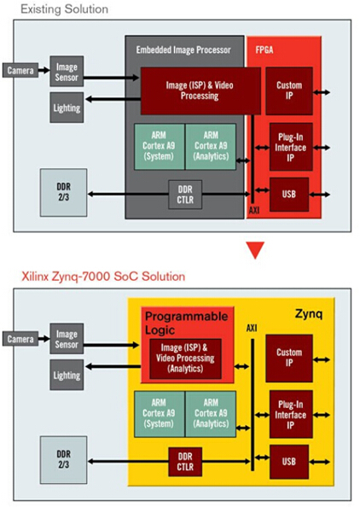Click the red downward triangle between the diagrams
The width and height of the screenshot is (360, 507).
pyautogui.click(x=255, y=250)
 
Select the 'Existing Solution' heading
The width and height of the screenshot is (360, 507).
pyautogui.click(x=64, y=9)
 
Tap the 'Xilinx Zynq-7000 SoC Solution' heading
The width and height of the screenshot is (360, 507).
pyautogui.click(x=103, y=277)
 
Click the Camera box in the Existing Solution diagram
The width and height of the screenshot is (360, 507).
pyautogui.click(x=20, y=70)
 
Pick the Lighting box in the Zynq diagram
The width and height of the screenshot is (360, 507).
pyautogui.click(x=67, y=375)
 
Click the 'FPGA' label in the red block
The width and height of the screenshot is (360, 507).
pyautogui.click(x=264, y=50)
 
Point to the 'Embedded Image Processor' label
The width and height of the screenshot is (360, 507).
pyautogui.click(x=183, y=50)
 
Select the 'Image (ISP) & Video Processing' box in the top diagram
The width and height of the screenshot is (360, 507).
pyautogui.click(x=200, y=90)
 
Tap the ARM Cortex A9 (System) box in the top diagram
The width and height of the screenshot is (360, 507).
pyautogui.click(x=159, y=147)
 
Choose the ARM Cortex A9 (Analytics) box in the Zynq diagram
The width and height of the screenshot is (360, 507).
pyautogui.click(x=211, y=414)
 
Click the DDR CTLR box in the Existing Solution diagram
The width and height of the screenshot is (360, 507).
pyautogui.click(x=185, y=195)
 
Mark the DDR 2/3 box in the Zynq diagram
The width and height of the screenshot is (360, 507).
pyautogui.click(x=64, y=459)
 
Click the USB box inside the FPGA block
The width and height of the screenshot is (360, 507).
pyautogui.click(x=289, y=195)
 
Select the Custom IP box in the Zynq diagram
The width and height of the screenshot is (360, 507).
pyautogui.click(x=289, y=358)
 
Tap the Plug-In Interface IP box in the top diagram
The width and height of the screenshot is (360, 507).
pyautogui.click(x=291, y=147)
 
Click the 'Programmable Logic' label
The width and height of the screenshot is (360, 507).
pyautogui.click(x=187, y=323)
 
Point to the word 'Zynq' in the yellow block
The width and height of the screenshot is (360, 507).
pyautogui.click(x=309, y=314)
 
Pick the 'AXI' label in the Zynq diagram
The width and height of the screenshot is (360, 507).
pyautogui.click(x=252, y=329)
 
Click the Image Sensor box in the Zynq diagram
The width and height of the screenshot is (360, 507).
pyautogui.click(x=67, y=339)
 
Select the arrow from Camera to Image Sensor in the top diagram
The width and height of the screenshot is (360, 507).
pyautogui.click(x=44, y=70)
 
